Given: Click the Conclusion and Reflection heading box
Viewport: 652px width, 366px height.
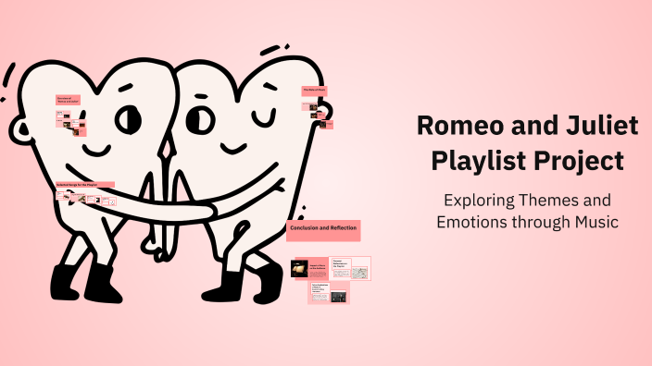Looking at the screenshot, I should pos(322,228).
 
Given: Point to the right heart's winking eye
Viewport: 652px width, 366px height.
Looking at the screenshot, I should pos(268,118).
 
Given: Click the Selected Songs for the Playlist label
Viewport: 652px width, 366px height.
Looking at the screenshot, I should pos(84,185).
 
